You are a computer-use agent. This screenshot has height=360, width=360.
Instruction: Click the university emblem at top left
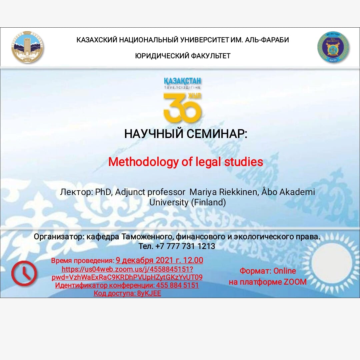[27, 47]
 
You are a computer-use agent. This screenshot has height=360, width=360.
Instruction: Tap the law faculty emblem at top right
[333, 47]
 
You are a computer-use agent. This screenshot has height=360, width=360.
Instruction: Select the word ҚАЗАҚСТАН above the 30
[183, 81]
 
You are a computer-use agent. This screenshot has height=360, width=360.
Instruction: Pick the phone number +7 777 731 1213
[185, 247]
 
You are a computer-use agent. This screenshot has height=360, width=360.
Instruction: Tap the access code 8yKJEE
[149, 294]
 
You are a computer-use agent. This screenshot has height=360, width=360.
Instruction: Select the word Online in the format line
[285, 271]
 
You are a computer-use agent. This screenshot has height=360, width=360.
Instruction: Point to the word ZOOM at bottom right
[295, 282]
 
